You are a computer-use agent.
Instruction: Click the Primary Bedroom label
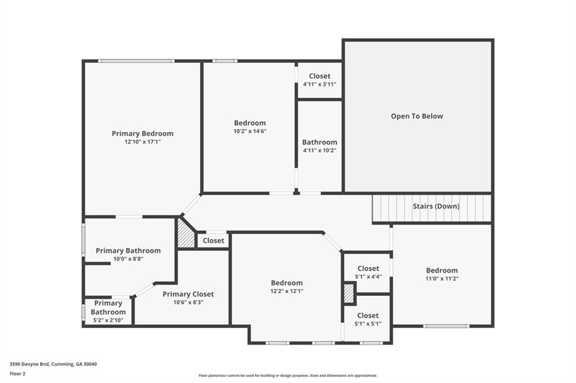[x=142, y=134]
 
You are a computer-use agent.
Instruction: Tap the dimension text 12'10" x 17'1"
[x=142, y=142]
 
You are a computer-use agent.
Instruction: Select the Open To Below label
[x=417, y=116]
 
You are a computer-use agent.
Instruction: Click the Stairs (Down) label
[x=436, y=206]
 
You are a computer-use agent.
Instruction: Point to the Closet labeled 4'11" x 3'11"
[x=319, y=76]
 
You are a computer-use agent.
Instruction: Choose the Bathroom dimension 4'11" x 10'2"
[x=319, y=151]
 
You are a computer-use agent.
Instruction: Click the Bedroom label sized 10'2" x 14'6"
[x=250, y=123]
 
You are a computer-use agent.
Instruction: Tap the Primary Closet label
[x=188, y=294]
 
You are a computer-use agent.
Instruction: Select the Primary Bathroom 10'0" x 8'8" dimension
[x=128, y=259]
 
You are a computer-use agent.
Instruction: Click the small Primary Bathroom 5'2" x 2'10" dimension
[x=108, y=320]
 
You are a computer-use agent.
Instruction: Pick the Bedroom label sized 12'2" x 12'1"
[x=287, y=283]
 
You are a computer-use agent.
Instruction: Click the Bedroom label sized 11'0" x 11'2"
[x=442, y=270]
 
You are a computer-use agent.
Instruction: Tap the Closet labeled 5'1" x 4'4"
[x=368, y=268]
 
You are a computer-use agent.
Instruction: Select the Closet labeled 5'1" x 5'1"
[x=368, y=316]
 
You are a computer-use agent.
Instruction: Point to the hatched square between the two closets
[x=349, y=293]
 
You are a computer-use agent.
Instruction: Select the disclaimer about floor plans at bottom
[x=287, y=376]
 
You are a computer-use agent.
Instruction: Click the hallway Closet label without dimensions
[x=213, y=240]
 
